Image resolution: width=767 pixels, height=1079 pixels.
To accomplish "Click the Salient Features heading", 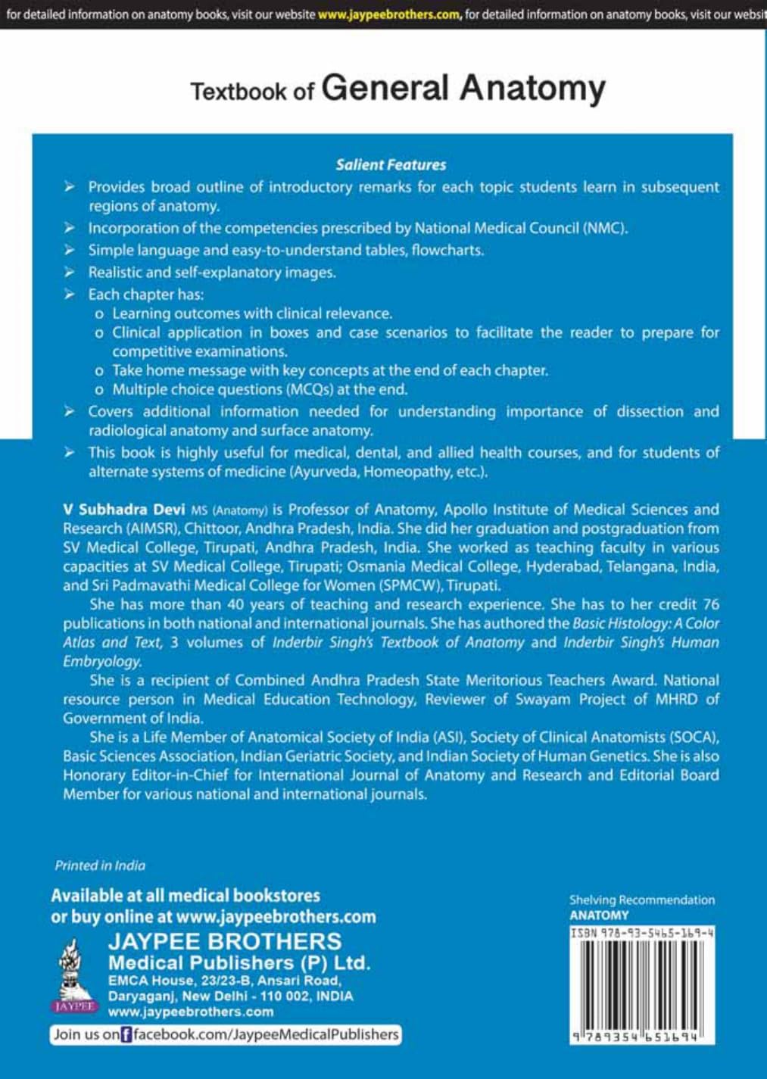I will coord(391,164).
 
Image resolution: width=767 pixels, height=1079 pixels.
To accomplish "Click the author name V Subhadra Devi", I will coord(123,510).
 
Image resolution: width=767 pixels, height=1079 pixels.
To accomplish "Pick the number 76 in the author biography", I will coord(710,604).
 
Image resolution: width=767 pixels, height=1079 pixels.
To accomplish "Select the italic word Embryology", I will coord(101,661).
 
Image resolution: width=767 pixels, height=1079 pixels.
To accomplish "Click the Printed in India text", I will coord(100,865).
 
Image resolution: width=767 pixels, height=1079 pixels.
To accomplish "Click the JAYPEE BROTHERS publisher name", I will coord(225,941).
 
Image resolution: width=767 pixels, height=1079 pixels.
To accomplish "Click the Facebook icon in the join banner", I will coord(126,1034).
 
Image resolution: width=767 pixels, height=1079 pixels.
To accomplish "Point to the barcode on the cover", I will coord(642,985).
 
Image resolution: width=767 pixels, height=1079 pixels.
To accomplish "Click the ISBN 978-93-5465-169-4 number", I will coord(642,933).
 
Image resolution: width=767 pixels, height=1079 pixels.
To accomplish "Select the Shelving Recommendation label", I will coord(642,900).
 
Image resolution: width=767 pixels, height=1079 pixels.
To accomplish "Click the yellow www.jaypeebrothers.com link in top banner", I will coord(389,14).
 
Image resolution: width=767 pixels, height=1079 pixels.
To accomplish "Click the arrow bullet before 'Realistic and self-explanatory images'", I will coord(70,272).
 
